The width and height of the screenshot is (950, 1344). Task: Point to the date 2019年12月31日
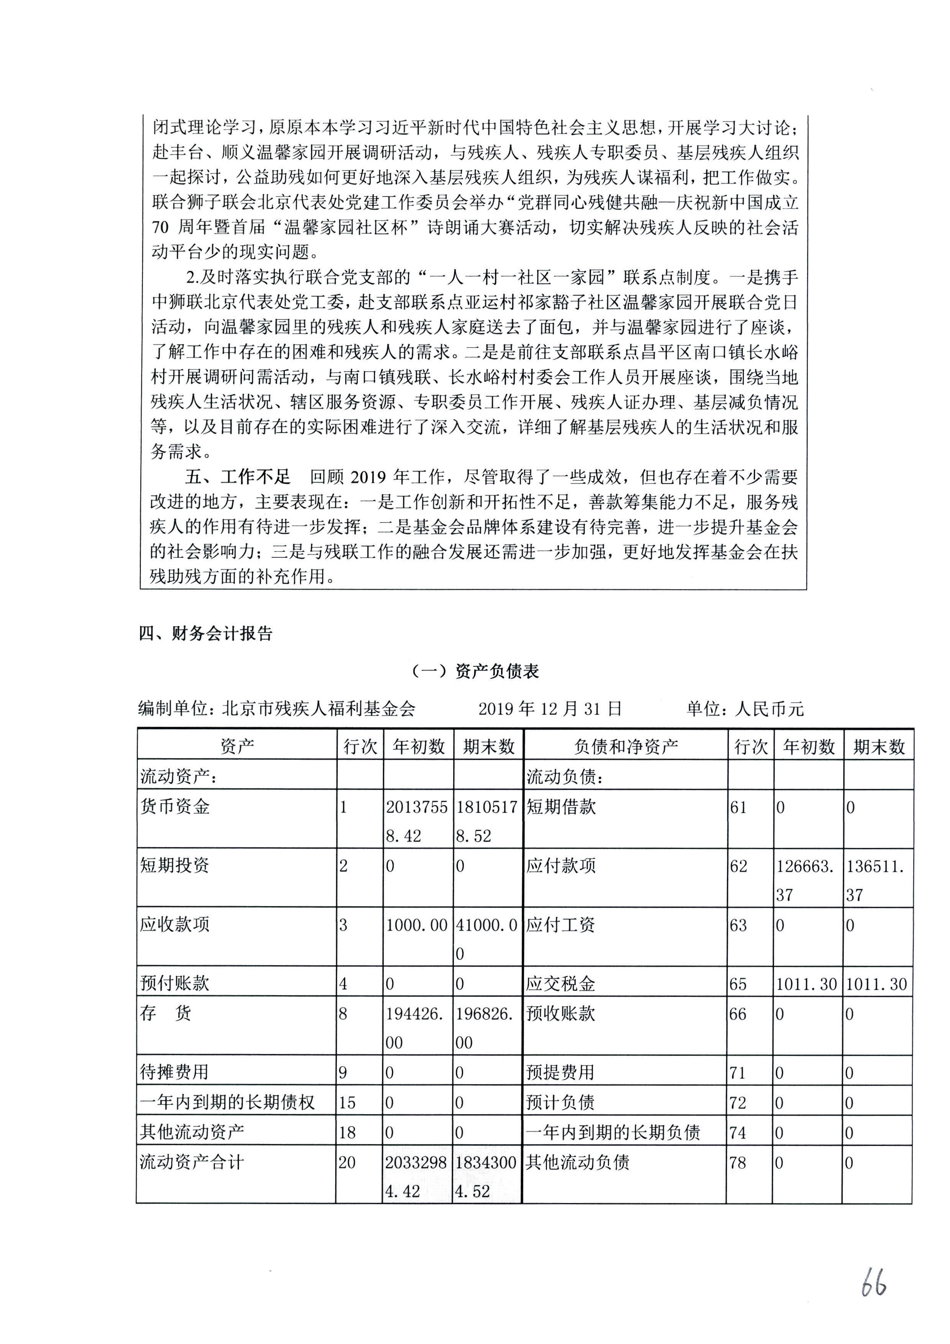click(x=550, y=709)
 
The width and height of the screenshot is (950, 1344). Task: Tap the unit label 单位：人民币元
click(x=745, y=709)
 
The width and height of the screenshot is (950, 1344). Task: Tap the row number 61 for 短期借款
click(x=738, y=807)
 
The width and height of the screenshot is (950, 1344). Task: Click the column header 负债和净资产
click(x=626, y=746)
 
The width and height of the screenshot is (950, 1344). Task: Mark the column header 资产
click(x=237, y=746)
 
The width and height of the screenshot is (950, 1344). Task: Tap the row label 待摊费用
click(x=174, y=1072)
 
